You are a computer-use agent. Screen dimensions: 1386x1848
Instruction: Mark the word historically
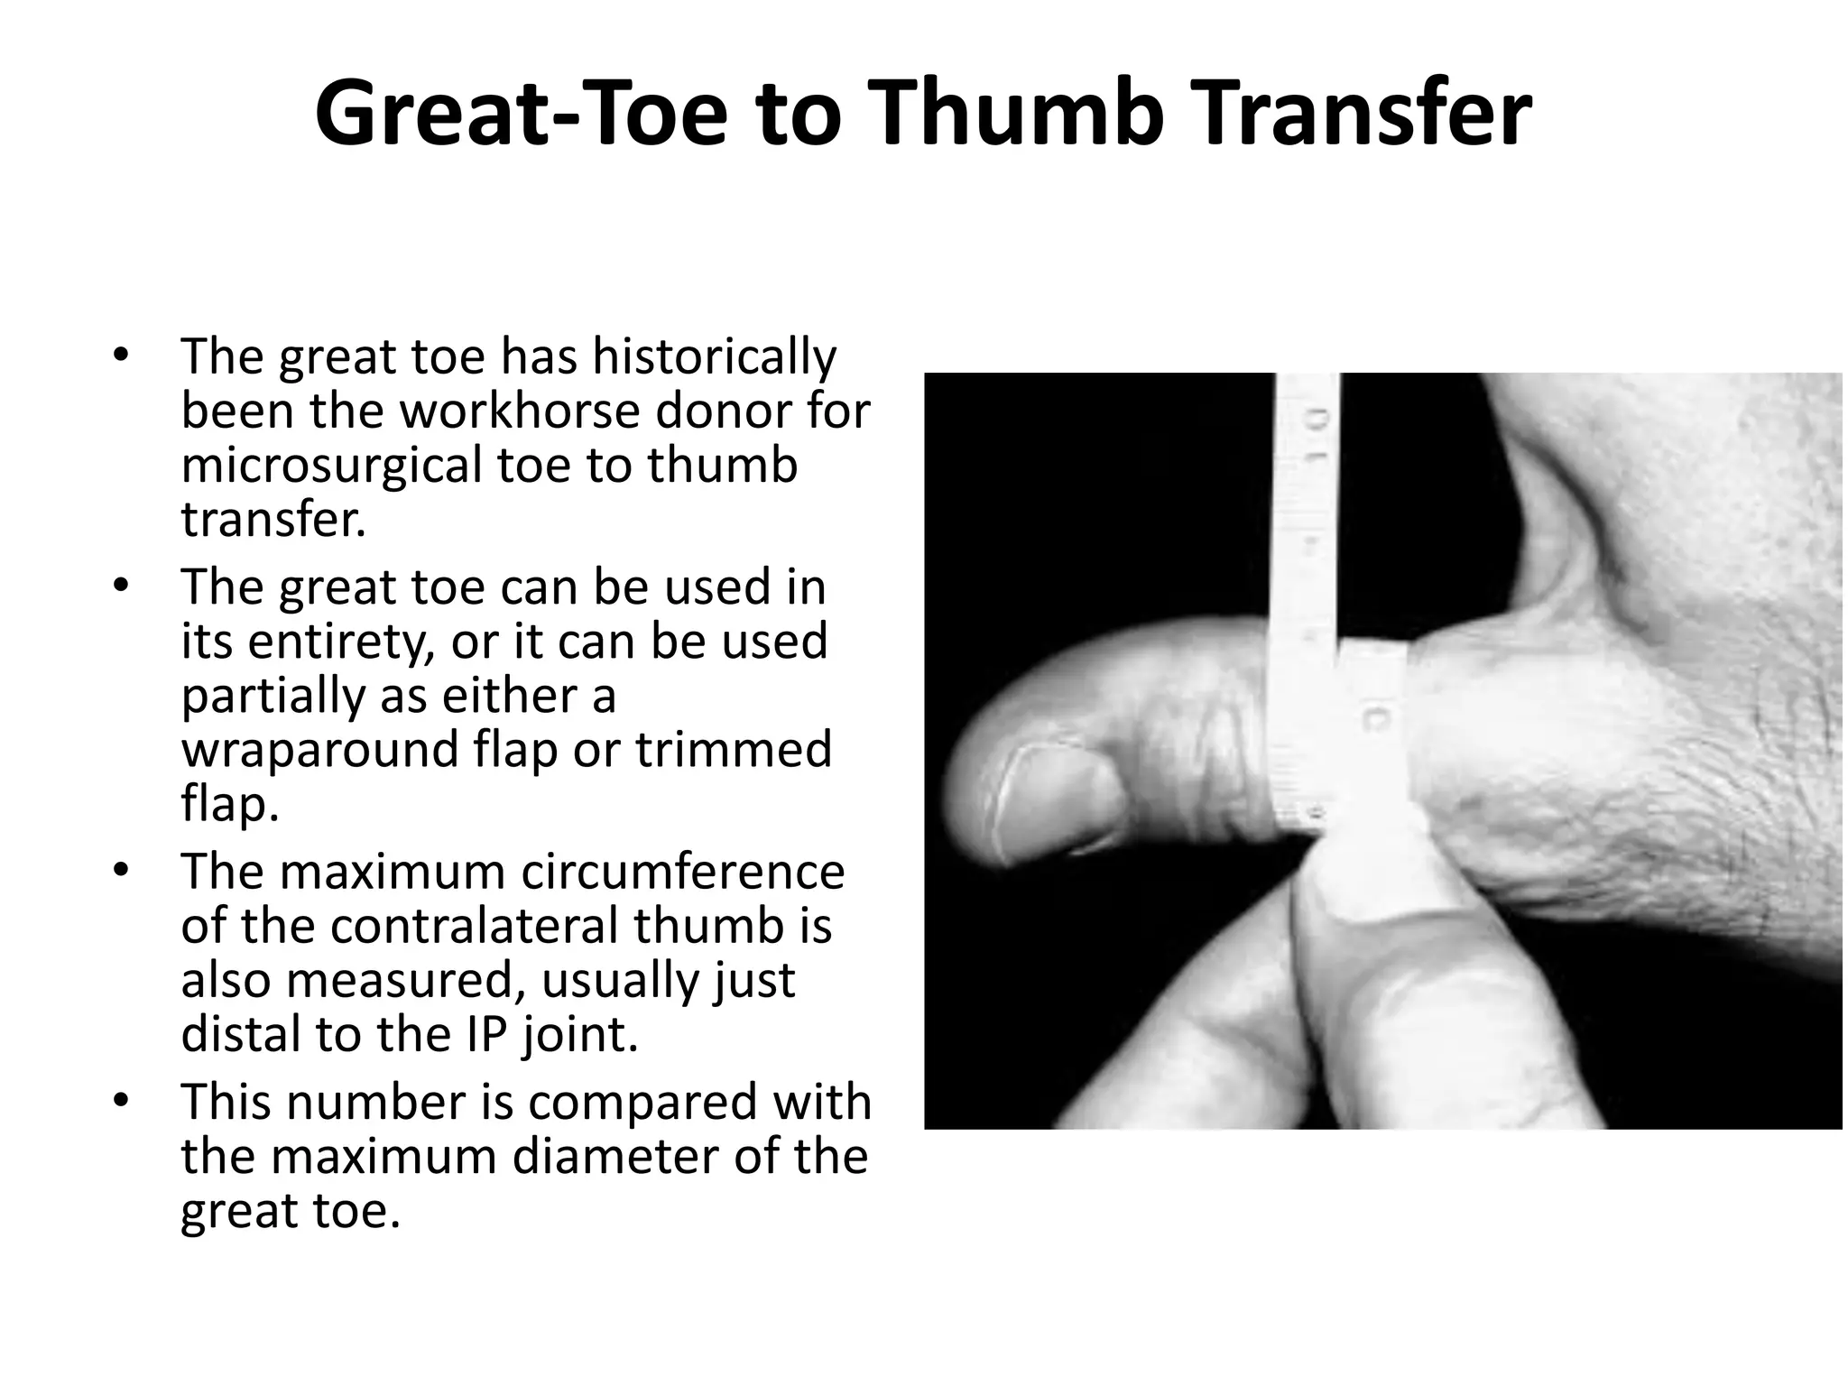pyautogui.click(x=714, y=357)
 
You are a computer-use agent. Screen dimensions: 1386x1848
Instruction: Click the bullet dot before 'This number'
pyautogui.click(x=122, y=1102)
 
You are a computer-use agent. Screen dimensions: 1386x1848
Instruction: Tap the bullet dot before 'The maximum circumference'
pyautogui.click(x=122, y=872)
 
